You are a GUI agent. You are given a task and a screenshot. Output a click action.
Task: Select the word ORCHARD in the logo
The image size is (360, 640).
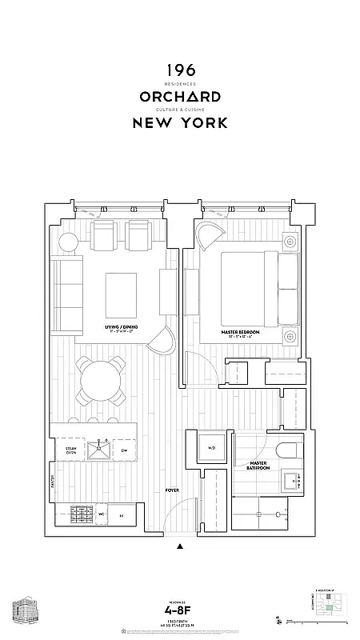(179, 97)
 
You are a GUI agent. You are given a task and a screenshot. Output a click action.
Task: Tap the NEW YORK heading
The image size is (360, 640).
(179, 122)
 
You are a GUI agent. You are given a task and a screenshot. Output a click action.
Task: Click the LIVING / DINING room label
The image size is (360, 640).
(122, 328)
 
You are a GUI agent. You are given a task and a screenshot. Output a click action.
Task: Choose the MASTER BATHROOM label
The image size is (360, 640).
(258, 466)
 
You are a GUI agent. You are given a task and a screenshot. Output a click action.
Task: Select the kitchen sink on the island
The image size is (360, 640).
(103, 450)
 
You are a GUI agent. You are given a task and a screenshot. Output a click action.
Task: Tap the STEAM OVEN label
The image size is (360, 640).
(70, 451)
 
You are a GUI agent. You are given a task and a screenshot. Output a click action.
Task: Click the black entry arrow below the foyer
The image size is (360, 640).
(179, 547)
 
